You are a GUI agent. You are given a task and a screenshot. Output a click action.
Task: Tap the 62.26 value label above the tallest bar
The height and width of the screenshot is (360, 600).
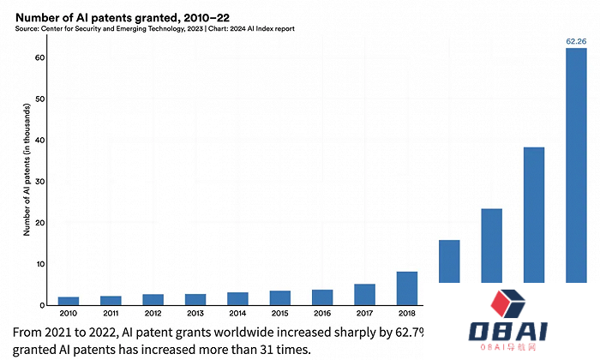pos(576,40)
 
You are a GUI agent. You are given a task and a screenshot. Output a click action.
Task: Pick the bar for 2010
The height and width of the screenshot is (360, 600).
pos(69,301)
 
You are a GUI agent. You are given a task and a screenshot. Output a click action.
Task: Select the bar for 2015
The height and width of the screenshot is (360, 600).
pos(279,297)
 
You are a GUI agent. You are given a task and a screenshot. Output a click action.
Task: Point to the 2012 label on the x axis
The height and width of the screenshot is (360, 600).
pos(153,315)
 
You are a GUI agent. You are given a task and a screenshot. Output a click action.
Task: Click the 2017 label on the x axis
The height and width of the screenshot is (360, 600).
pos(364,315)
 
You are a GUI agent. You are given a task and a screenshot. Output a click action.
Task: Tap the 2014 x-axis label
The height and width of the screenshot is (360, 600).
pos(237,315)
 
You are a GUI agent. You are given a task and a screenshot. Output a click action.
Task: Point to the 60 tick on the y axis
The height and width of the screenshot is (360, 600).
pos(39,58)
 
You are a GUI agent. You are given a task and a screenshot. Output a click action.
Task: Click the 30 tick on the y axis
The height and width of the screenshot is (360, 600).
pos(39,182)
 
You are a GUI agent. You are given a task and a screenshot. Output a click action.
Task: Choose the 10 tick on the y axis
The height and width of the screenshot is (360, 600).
pos(39,264)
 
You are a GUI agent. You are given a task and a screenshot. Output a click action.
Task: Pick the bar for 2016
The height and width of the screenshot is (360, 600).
pos(322,297)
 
